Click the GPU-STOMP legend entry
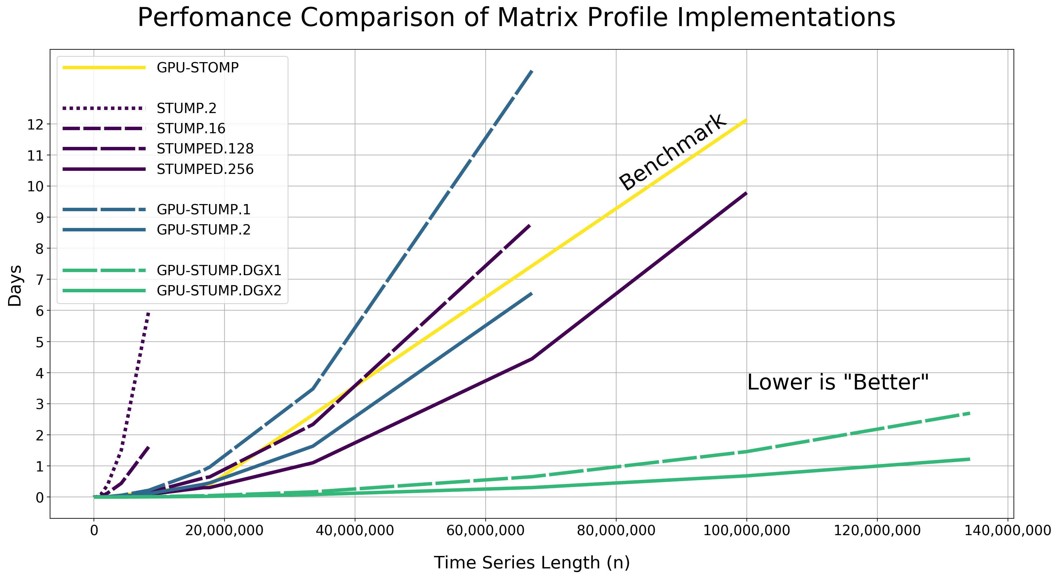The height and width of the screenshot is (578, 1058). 197,68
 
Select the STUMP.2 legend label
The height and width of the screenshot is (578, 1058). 187,108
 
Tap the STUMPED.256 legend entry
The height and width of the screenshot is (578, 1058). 205,169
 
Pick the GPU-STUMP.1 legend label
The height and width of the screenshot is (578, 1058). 203,210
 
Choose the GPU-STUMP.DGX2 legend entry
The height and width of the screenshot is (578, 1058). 219,290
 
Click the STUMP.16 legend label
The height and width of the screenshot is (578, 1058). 191,128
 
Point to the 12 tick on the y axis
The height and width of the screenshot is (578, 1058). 35,124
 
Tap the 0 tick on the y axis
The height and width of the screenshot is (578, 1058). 39,498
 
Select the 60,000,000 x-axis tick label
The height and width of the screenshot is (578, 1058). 485,530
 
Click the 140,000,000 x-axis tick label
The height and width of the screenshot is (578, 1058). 1008,530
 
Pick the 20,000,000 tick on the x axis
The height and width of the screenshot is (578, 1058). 224,530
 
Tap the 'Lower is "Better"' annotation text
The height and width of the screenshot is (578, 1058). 838,382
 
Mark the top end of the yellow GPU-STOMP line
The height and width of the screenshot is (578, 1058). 746,120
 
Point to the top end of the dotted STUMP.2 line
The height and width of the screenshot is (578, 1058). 148,312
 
